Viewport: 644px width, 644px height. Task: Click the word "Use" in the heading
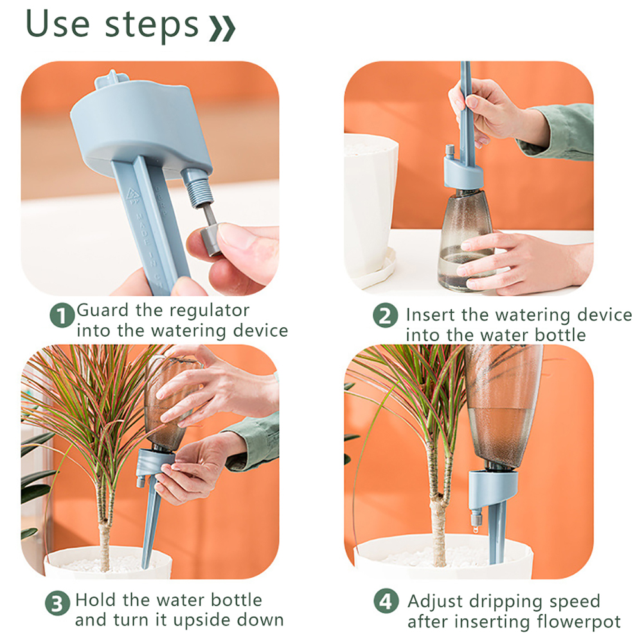point(57,24)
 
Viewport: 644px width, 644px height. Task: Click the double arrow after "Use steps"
point(222,29)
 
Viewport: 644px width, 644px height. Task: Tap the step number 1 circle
point(62,316)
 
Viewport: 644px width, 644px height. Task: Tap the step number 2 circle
point(385,316)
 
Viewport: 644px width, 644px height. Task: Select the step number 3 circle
point(57,603)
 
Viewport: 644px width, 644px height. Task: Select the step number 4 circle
point(386,601)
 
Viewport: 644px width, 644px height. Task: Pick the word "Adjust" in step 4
point(435,602)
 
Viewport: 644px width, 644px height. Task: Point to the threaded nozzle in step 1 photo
point(199,187)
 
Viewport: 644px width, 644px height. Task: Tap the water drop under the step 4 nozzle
point(476,530)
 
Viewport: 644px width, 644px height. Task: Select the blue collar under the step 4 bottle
point(493,488)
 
